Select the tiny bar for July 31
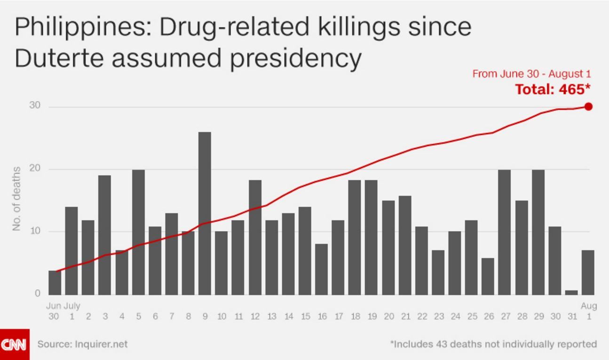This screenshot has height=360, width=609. pos(571,292)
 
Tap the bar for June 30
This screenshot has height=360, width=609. pos(55,282)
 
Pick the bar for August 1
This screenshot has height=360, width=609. pos(588,272)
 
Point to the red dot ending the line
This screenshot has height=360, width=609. pos(588,107)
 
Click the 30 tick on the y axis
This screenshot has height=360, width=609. pos(35,106)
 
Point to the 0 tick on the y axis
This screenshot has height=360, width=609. pos(37,294)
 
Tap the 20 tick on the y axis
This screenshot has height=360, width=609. pos(35,168)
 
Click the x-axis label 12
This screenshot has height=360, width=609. pos(255,317)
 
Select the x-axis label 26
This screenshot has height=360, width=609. pos(489,317)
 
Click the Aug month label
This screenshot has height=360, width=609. pos(589,306)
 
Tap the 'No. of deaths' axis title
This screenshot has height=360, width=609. pos(17,198)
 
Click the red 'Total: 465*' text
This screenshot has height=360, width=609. pos(553,89)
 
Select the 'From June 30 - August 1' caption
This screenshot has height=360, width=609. pos(531,74)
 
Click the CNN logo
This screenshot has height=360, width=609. pos(15,344)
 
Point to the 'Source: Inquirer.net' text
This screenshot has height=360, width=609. pos(82,344)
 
